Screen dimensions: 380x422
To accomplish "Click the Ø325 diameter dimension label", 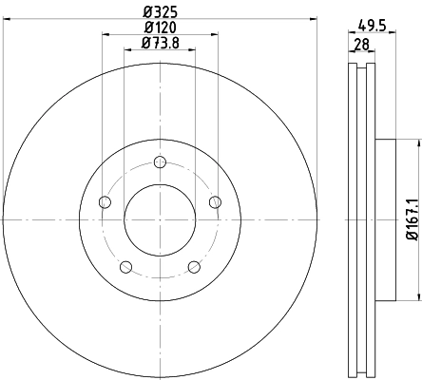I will (x=159, y=12).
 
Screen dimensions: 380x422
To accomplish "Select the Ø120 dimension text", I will (x=159, y=28).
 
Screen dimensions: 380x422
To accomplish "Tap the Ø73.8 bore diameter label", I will (x=159, y=43).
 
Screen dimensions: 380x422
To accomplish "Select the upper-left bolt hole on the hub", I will (x=105, y=201).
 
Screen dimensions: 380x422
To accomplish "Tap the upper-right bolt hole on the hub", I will (x=215, y=200).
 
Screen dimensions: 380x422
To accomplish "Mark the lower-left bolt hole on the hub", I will (x=125, y=266).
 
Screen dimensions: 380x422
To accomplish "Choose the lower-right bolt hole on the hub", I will (x=194, y=266).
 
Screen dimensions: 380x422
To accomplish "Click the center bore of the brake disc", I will (x=160, y=218).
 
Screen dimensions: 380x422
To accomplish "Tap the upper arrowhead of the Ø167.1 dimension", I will (x=414, y=142).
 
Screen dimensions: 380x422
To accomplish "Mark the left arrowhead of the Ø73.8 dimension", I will (x=127, y=51).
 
